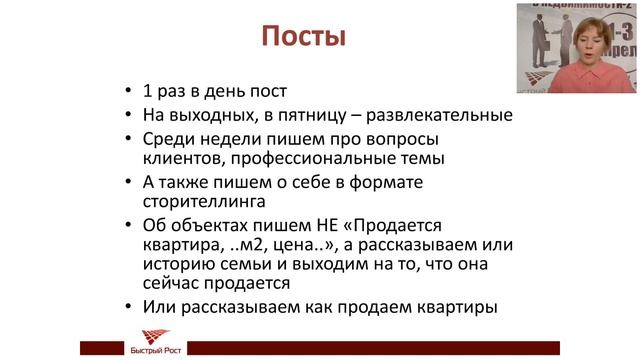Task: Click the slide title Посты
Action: (303, 38)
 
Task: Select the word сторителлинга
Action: (207, 203)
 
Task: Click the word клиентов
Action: (181, 158)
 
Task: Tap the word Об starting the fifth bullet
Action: (157, 226)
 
